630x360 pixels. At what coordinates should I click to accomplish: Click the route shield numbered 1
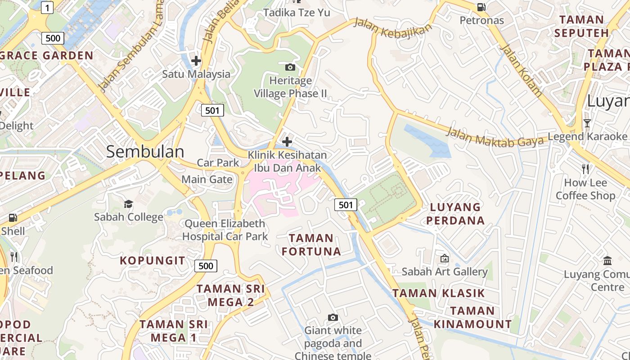pos(47,7)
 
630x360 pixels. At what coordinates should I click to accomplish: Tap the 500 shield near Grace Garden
pos(53,38)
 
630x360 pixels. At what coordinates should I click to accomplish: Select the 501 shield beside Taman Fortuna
pos(346,205)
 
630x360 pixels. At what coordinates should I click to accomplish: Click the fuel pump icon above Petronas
pos(481,7)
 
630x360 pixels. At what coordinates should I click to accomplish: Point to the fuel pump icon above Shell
pos(13,218)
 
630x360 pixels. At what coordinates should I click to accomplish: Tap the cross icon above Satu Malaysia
pos(196,60)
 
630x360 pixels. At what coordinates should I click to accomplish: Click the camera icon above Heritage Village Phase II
pos(290,67)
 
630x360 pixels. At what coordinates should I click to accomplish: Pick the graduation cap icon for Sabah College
pos(128,204)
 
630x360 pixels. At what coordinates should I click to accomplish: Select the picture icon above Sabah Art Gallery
pos(444,258)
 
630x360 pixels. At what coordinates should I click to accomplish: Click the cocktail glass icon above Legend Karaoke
pos(587,123)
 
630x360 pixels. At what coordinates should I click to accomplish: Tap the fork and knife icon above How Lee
pos(585,169)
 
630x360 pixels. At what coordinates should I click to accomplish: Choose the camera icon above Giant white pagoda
pos(333,318)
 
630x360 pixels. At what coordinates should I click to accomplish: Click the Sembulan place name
pos(145,152)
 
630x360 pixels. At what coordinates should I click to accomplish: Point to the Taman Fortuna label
pos(311,244)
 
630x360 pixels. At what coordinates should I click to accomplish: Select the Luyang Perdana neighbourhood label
pos(455,214)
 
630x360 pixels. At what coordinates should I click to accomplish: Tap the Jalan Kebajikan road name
pos(392,27)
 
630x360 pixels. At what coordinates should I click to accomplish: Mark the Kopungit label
pos(152,261)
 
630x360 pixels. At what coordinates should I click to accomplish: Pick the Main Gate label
pos(207,180)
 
